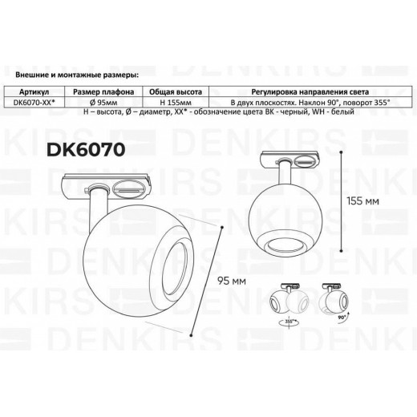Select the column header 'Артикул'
click(37, 92)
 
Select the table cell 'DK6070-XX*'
click(37, 103)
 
